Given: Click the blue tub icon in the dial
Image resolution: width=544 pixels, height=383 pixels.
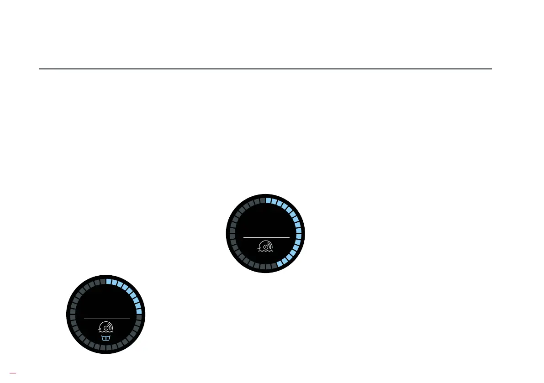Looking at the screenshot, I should [x=106, y=338].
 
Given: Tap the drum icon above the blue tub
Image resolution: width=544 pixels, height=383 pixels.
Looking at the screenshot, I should [x=106, y=327].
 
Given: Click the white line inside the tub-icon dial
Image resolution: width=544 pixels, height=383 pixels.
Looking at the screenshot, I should [x=107, y=318].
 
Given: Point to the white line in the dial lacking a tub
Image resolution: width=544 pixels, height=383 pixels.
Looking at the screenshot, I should [x=266, y=237].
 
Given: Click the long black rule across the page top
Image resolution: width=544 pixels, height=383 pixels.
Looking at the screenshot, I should [x=265, y=69].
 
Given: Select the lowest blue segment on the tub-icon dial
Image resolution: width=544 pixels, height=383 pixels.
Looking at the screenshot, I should [x=139, y=312].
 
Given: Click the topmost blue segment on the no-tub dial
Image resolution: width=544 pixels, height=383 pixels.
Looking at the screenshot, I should [x=269, y=200].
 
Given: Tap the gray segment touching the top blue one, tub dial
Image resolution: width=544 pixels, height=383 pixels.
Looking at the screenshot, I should [x=103, y=282].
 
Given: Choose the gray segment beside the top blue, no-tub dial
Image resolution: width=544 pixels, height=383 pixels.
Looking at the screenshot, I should [x=262, y=200].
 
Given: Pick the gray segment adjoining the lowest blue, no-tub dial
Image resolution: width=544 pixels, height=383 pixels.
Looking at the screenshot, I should [x=274, y=266].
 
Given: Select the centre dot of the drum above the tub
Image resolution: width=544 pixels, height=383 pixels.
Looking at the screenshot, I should [x=106, y=327].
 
